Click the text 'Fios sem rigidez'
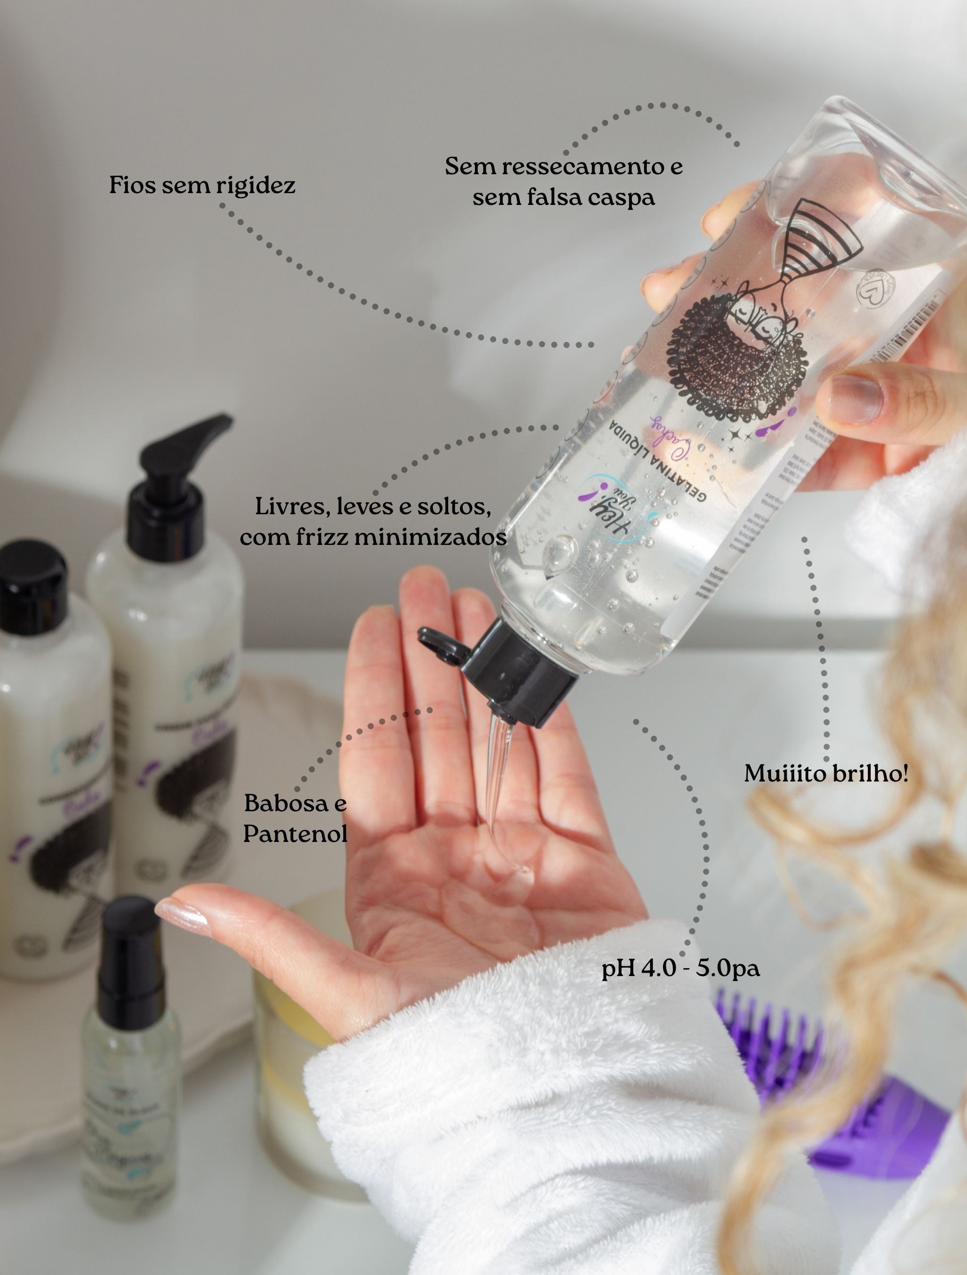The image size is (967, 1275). (202, 186)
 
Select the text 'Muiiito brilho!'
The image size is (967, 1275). (825, 774)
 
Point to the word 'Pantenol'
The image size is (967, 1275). (295, 833)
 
